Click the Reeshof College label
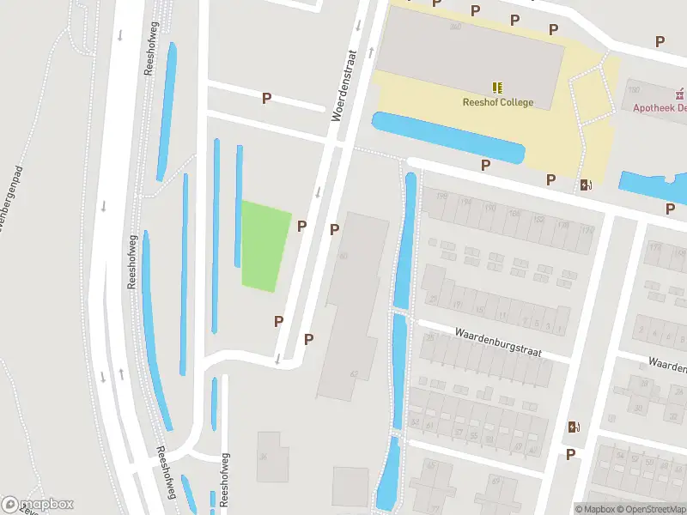(498, 103)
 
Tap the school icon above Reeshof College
(498, 88)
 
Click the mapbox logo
(38, 505)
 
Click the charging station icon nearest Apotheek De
(587, 184)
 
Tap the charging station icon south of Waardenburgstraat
(573, 427)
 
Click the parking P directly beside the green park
(302, 227)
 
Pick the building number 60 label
(343, 256)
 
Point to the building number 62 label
(354, 374)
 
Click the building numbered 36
(268, 457)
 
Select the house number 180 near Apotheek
(634, 90)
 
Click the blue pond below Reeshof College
(447, 137)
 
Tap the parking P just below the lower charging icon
(570, 454)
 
